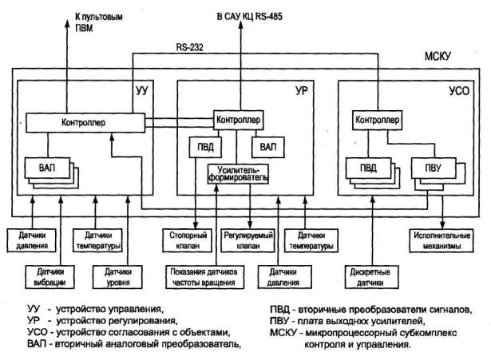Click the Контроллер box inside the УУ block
pos(85,122)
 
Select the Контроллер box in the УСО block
pos(377,120)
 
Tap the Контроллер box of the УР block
pos(238,120)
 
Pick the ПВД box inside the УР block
pos(205,147)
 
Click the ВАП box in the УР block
pos(268,147)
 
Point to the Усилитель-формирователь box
pos(238,174)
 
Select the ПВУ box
pos(434,168)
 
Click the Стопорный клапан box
pos(188,240)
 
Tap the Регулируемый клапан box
pos(247,240)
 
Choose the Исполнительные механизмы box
pos(442,240)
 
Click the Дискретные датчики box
pos(372,277)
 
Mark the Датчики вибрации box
pos(49,277)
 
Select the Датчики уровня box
pos(117,277)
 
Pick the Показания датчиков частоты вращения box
pos(205,277)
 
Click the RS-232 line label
pos(190,47)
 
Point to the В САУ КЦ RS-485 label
pos(250,16)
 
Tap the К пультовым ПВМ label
pos(98,22)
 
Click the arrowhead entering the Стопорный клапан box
pos(196,225)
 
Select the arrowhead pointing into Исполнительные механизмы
pos(442,225)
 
